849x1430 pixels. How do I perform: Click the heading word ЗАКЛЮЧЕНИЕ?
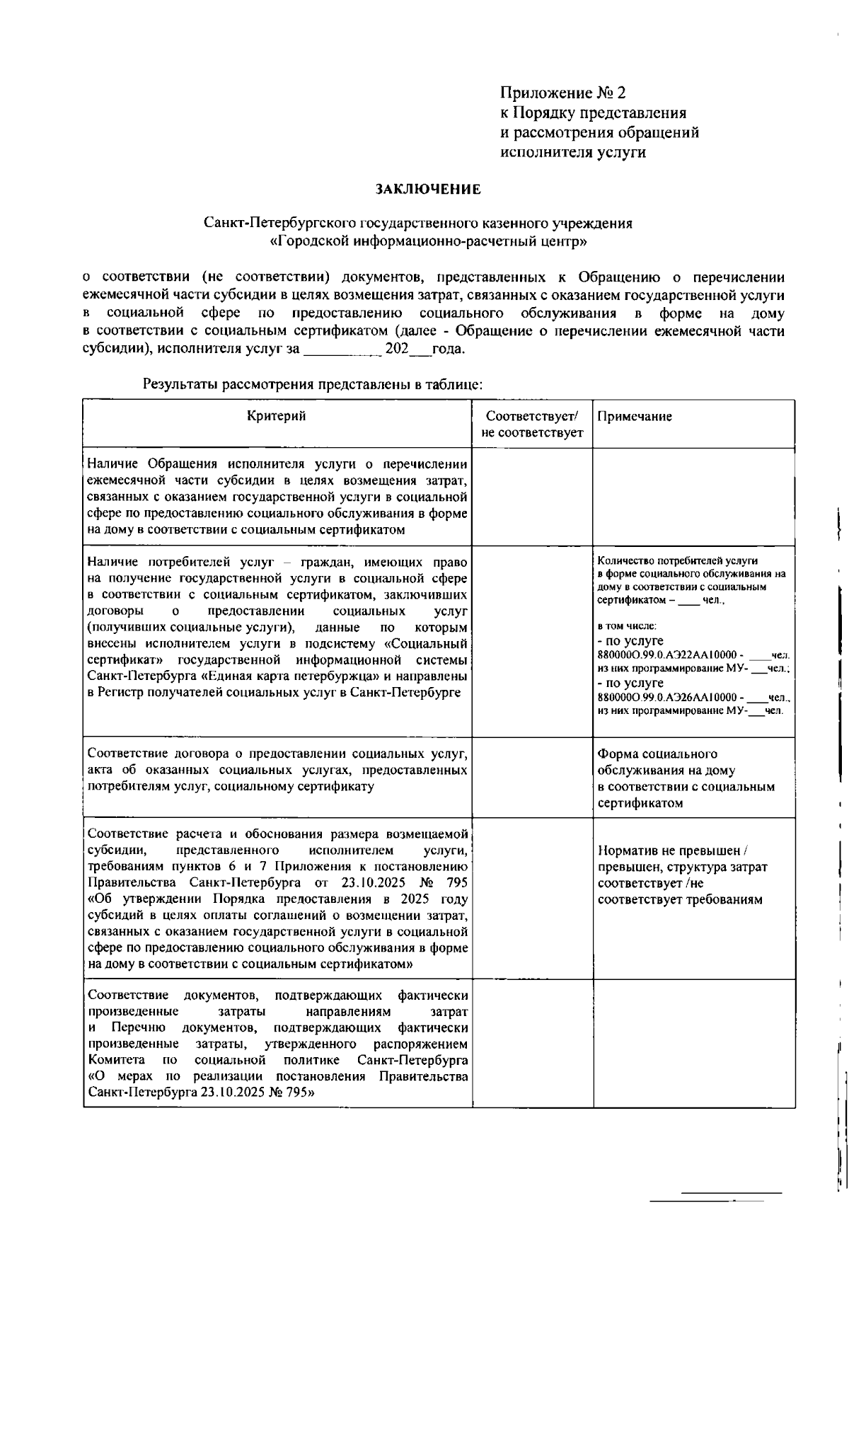pyautogui.click(x=428, y=190)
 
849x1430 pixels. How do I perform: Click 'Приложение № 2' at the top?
pyautogui.click(x=563, y=93)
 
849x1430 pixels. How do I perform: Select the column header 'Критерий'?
pyautogui.click(x=277, y=416)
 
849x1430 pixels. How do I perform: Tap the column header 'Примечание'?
pyautogui.click(x=635, y=417)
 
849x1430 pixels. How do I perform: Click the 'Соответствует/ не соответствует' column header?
pyautogui.click(x=532, y=424)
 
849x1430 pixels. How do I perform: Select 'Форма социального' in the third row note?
pyautogui.click(x=657, y=754)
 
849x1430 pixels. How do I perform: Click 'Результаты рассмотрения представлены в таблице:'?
pyautogui.click(x=313, y=385)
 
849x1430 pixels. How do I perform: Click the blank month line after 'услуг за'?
pyautogui.click(x=343, y=350)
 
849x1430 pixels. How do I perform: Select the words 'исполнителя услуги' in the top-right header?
pyautogui.click(x=573, y=152)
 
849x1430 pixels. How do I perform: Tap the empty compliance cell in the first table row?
pyautogui.click(x=532, y=496)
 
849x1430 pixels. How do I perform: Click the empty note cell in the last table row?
pyautogui.click(x=693, y=1042)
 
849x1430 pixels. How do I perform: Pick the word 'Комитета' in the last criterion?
pyautogui.click(x=117, y=1060)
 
